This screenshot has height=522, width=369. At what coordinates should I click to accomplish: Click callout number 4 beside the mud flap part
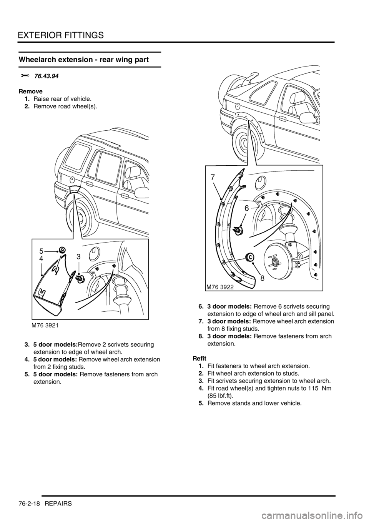41,259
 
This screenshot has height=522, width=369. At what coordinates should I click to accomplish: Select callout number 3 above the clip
78,256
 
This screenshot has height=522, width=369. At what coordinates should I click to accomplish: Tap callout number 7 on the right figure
213,178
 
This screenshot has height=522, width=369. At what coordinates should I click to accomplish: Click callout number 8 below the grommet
261,279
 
